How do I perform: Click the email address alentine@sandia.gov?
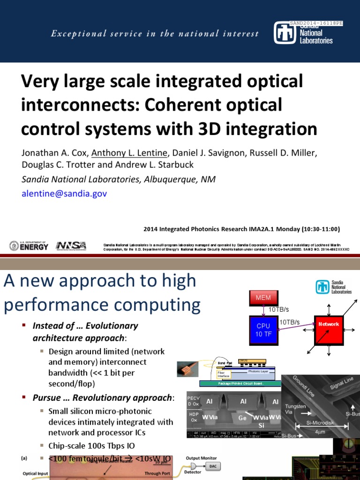pyautogui.click(x=64, y=194)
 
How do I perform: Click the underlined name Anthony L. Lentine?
pyautogui.click(x=129, y=153)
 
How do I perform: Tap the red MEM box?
pyautogui.click(x=263, y=298)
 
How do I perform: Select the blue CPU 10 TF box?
pyautogui.click(x=263, y=330)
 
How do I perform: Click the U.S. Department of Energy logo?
pyautogui.click(x=29, y=245)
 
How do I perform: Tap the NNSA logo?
pyautogui.click(x=71, y=246)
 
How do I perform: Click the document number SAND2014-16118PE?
pyautogui.click(x=316, y=23)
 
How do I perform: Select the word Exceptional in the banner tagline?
pyautogui.click(x=74, y=34)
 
